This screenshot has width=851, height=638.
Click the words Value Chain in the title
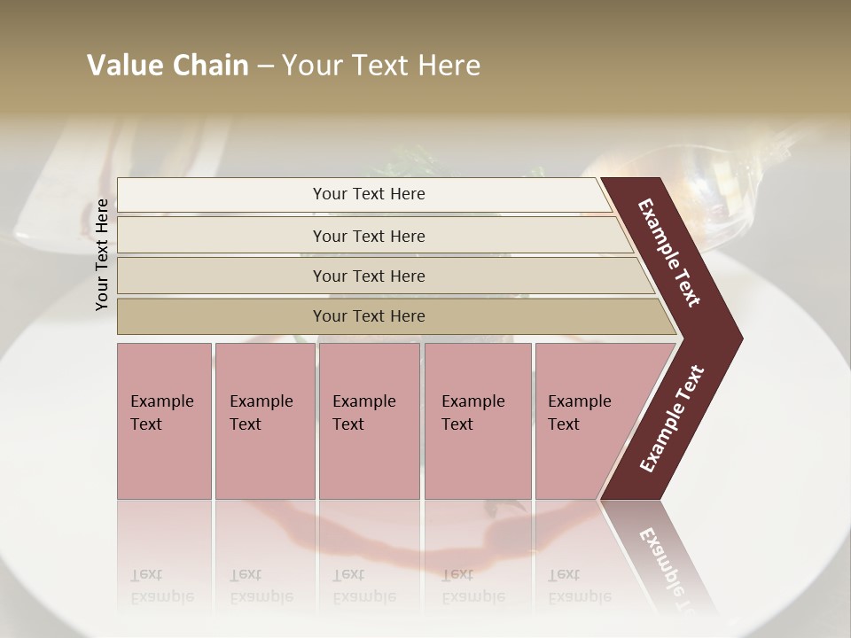[x=168, y=66]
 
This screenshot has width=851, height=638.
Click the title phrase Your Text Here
[x=381, y=66]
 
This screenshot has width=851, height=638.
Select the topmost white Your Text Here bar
[x=368, y=194]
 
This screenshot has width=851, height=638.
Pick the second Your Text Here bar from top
[x=368, y=236]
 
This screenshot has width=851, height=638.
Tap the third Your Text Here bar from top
[x=368, y=276]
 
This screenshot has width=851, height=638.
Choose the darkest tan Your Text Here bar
[x=368, y=316]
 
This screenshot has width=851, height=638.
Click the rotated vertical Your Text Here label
[x=103, y=254]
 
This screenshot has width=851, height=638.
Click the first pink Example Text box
[x=164, y=421]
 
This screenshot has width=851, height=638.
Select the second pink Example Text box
[x=264, y=421]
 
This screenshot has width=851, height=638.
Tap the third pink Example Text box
[x=369, y=421]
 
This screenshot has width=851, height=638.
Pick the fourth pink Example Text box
[x=477, y=421]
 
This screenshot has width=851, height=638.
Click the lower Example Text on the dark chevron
[x=672, y=418]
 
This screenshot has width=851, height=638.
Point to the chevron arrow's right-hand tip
[x=741, y=338]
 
